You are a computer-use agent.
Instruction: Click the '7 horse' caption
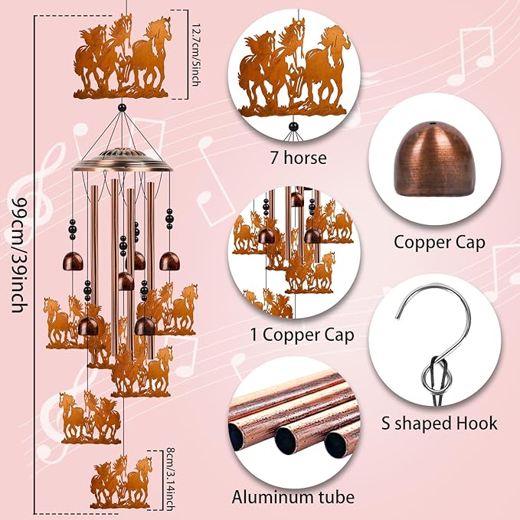[x=298, y=158]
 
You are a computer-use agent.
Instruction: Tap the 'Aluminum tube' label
[x=293, y=497]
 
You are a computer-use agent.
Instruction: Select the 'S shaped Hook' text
[x=440, y=424]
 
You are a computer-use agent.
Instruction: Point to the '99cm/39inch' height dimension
[x=19, y=255]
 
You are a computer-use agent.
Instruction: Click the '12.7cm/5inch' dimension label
[x=195, y=55]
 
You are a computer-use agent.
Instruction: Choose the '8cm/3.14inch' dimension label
[x=170, y=479]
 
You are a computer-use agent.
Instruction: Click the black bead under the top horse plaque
[x=123, y=107]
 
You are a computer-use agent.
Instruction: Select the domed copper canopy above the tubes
[x=123, y=160]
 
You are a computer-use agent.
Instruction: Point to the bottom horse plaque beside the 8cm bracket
[x=121, y=482]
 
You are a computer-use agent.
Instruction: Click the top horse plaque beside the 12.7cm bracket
[x=122, y=57]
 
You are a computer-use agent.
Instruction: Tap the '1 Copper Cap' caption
[x=302, y=335]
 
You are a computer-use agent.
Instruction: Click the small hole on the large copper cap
[x=431, y=124]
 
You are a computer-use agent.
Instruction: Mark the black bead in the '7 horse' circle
[x=293, y=126]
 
